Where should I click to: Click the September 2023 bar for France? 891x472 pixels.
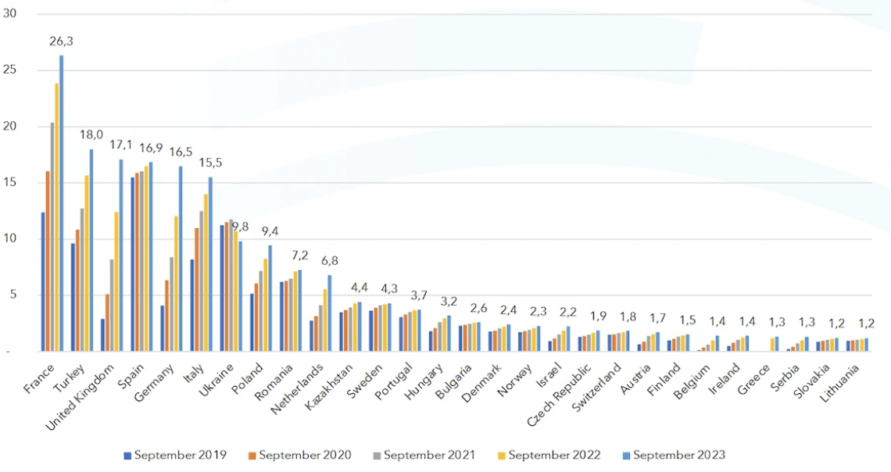(x=62, y=203)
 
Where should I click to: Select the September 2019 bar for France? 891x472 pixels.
(x=43, y=281)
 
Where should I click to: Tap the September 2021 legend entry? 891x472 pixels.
(x=428, y=454)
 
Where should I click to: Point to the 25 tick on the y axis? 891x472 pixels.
(x=10, y=70)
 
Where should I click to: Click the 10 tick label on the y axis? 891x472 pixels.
(x=10, y=239)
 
